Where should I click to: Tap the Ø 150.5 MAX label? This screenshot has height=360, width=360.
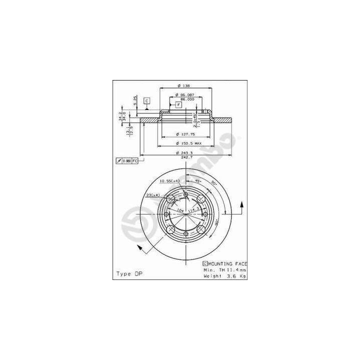point(187,143)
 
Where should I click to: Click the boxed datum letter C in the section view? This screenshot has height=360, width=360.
point(146,101)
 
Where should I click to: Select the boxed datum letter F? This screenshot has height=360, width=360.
point(178,104)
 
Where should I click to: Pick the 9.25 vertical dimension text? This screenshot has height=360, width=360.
point(135,99)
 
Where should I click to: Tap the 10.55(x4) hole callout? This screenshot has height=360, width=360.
point(170,181)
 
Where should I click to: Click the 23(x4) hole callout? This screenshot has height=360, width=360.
point(153,194)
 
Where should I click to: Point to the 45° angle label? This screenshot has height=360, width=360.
point(197,181)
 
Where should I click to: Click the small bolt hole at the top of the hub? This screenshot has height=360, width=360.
point(186,195)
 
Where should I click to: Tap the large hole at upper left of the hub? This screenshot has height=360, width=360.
point(171,199)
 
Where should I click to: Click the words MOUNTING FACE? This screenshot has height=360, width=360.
point(227,263)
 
